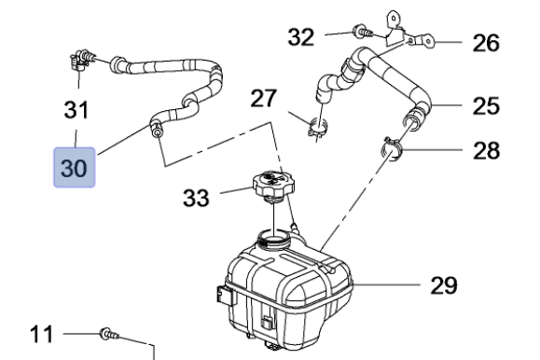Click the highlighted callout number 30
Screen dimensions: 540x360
click(x=74, y=168)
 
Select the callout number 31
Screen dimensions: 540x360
click(x=76, y=110)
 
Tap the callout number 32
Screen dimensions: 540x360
click(x=301, y=37)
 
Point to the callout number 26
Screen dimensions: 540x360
click(x=486, y=43)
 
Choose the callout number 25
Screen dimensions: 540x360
click(x=486, y=105)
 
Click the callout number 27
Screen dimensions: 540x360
click(x=263, y=98)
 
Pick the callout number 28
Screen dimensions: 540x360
click(x=486, y=150)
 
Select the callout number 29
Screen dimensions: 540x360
click(x=444, y=285)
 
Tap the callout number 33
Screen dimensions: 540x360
click(x=196, y=198)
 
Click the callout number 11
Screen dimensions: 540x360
click(x=41, y=334)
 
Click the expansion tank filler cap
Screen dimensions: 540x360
click(x=273, y=186)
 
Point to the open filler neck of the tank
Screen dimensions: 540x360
click(x=274, y=238)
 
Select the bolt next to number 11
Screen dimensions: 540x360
click(x=109, y=334)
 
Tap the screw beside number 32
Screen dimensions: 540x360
click(x=363, y=32)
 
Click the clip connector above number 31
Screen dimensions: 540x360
click(x=82, y=59)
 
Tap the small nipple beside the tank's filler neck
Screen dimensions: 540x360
click(x=295, y=227)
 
